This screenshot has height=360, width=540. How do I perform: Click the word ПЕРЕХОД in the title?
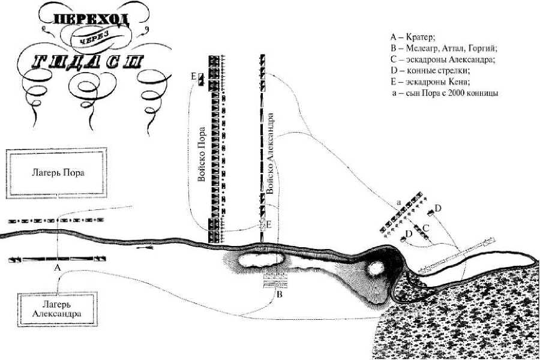(x=91, y=20)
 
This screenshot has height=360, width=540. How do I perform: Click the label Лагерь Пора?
(x=58, y=173)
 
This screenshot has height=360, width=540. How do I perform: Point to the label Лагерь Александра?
(x=57, y=309)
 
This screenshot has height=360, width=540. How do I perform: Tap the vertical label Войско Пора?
(x=201, y=154)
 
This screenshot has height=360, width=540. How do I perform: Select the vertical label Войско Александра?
(x=271, y=153)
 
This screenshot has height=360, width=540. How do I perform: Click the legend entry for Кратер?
(x=413, y=37)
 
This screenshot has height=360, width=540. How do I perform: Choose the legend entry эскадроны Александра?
(x=443, y=59)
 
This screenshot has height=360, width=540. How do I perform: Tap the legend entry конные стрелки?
(x=430, y=71)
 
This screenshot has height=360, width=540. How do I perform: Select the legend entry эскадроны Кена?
(x=430, y=82)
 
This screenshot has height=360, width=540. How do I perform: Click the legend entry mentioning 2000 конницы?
(x=445, y=93)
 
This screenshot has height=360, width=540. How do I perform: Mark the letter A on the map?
(x=58, y=268)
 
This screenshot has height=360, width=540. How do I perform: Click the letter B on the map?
(x=280, y=295)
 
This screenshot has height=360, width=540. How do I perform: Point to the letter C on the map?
(x=425, y=228)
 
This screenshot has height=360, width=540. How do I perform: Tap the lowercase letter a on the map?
(x=399, y=203)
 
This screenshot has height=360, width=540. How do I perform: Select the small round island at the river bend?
(x=375, y=268)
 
